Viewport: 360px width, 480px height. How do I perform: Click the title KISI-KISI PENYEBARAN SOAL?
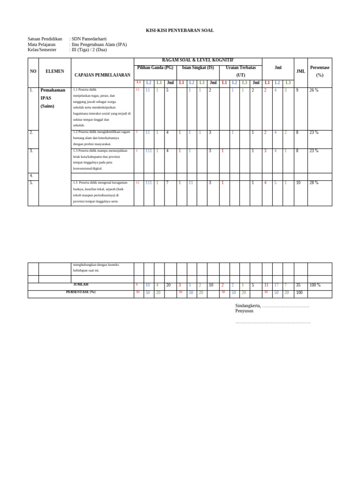click(x=180, y=30)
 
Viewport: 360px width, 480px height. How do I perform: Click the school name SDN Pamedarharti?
click(x=89, y=39)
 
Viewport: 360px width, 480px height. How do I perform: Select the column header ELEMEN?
click(x=55, y=71)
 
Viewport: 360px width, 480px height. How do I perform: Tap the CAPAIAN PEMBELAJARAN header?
click(x=102, y=75)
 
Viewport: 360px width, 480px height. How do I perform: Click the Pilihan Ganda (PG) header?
click(x=155, y=68)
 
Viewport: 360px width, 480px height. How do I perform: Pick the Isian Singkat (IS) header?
click(x=198, y=68)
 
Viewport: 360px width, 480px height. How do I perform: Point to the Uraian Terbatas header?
click(x=240, y=68)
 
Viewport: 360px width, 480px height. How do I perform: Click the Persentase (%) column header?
click(x=320, y=71)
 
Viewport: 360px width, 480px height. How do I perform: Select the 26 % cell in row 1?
click(x=314, y=90)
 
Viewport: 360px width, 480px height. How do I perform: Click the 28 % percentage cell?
click(x=314, y=183)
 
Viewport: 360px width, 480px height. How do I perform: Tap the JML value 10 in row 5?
click(x=298, y=183)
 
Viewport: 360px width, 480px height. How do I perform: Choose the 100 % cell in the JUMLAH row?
click(x=315, y=285)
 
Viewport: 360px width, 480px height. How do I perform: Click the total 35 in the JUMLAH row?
click(x=298, y=285)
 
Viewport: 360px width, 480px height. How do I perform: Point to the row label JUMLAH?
click(x=81, y=285)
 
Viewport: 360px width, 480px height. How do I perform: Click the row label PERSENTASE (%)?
click(x=81, y=292)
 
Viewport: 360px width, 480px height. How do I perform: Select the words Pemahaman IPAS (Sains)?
click(x=53, y=98)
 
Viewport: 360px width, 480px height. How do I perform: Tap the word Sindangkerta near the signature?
click(x=248, y=306)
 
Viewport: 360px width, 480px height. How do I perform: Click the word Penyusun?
click(x=244, y=311)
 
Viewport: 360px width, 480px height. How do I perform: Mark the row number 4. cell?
click(x=31, y=176)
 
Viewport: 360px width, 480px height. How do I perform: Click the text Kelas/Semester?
click(x=42, y=50)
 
